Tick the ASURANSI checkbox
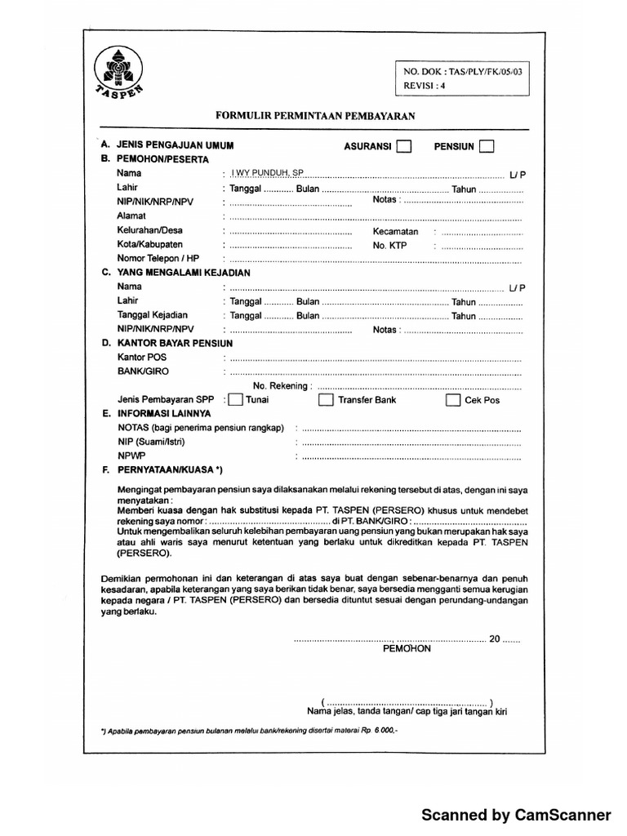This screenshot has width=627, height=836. click(x=403, y=147)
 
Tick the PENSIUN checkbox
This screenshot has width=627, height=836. click(x=487, y=147)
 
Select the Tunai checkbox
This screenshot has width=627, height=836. click(x=235, y=400)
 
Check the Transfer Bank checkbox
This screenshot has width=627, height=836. click(x=326, y=400)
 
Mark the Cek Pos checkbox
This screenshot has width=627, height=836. click(x=453, y=400)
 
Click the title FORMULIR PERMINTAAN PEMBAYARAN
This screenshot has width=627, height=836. click(x=315, y=116)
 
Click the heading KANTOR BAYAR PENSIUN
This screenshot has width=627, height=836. click(x=174, y=344)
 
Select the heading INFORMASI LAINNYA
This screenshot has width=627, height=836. click(x=163, y=414)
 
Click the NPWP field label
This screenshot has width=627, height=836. click(x=131, y=456)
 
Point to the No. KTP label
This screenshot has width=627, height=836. click(x=389, y=245)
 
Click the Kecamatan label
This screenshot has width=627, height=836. click(x=395, y=231)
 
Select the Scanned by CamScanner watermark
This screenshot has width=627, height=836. click(x=515, y=815)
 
